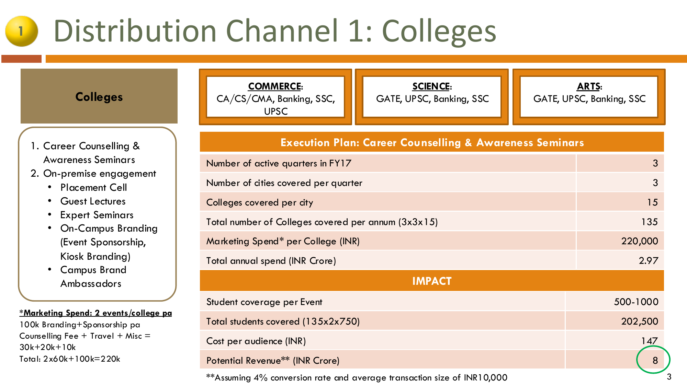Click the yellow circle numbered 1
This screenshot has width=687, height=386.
point(21,31)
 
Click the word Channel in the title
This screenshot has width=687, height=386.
point(282,31)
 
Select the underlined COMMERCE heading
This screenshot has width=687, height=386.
point(275,86)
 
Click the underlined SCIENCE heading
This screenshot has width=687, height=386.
point(432,86)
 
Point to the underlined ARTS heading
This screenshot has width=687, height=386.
point(589,86)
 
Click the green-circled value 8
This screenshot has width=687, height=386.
point(655,360)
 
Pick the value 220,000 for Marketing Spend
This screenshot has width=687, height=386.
point(640,241)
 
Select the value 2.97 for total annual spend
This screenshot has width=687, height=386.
point(648,261)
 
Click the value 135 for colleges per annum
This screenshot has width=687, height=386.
point(649,222)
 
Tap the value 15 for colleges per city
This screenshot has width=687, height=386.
point(652,202)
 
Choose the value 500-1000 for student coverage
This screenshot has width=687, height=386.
point(636,302)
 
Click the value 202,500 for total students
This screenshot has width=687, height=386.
point(640,321)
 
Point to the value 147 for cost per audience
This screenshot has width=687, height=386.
point(649,341)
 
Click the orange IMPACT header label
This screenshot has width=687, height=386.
point(432,281)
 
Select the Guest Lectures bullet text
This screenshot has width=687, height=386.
point(93,201)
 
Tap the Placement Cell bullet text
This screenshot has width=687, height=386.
point(93,187)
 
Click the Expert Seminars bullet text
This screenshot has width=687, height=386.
point(97,215)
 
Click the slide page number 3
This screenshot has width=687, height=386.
point(669,377)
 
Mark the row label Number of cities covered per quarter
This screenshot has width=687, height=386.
point(284,183)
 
